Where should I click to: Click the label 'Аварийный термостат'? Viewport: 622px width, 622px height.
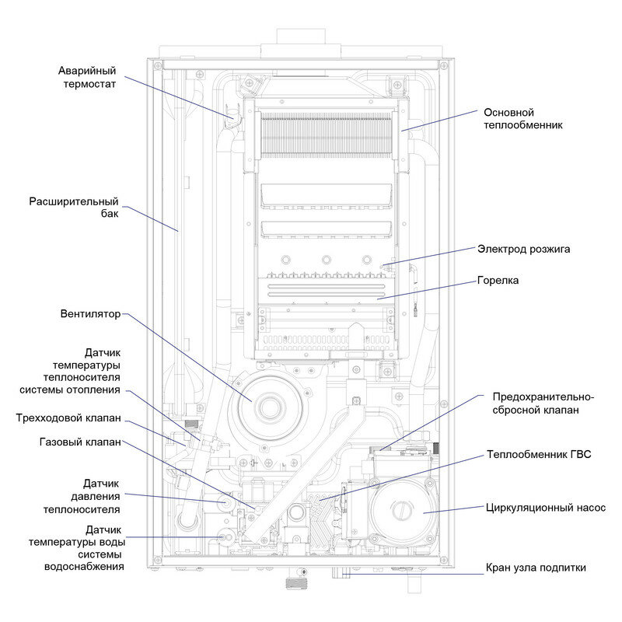click(x=87, y=78)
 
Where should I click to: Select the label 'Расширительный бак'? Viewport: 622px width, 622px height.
click(x=74, y=208)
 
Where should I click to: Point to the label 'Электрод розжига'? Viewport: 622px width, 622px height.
click(x=523, y=250)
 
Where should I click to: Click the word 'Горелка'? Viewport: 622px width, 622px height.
click(x=498, y=280)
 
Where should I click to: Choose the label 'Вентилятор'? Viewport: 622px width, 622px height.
click(x=90, y=315)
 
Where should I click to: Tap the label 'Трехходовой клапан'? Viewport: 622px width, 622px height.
click(x=68, y=418)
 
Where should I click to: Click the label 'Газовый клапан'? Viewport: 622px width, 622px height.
click(x=80, y=442)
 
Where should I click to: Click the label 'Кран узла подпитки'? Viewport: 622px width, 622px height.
click(x=535, y=568)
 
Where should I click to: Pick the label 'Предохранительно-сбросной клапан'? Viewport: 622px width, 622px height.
click(x=536, y=403)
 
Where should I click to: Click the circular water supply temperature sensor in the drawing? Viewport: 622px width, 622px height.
click(x=225, y=536)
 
